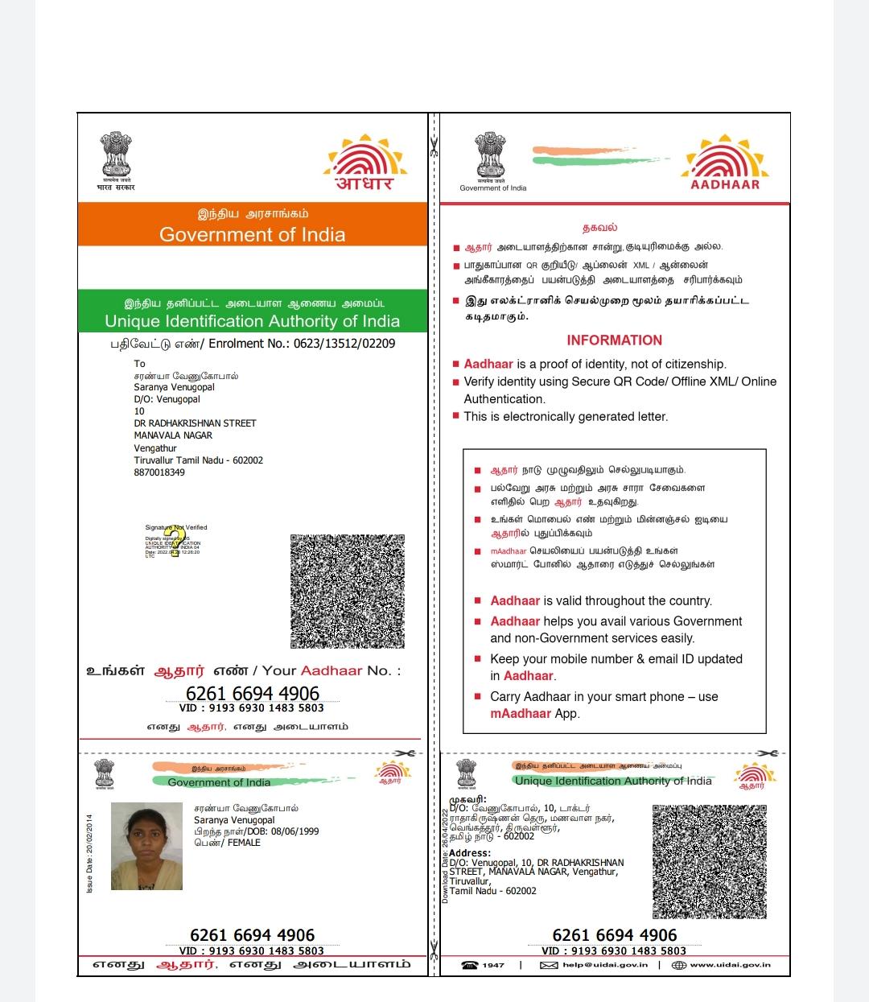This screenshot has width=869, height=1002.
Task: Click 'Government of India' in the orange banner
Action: pyautogui.click(x=252, y=234)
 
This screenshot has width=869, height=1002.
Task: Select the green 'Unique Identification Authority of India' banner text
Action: pyautogui.click(x=252, y=321)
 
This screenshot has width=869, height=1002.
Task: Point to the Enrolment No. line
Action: pyautogui.click(x=253, y=344)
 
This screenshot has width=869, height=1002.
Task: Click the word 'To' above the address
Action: pyautogui.click(x=139, y=364)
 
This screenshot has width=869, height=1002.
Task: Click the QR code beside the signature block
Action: pyautogui.click(x=347, y=592)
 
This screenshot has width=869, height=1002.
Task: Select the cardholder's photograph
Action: pyautogui.click(x=146, y=846)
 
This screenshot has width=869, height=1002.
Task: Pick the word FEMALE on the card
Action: pyautogui.click(x=245, y=843)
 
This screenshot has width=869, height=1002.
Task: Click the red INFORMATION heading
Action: pyautogui.click(x=614, y=340)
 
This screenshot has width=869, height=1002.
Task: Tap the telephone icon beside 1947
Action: pyautogui.click(x=470, y=965)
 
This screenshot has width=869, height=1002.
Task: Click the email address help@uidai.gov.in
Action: pyautogui.click(x=604, y=965)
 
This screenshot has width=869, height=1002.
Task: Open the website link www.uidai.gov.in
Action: pyautogui.click(x=730, y=965)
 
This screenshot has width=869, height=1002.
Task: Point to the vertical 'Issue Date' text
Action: pyautogui.click(x=90, y=853)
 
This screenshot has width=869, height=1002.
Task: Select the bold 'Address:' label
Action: pyautogui.click(x=470, y=853)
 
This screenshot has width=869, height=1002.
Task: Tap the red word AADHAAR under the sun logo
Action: pyautogui.click(x=725, y=184)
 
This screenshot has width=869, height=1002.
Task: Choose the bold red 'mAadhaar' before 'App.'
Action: pyautogui.click(x=521, y=713)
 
